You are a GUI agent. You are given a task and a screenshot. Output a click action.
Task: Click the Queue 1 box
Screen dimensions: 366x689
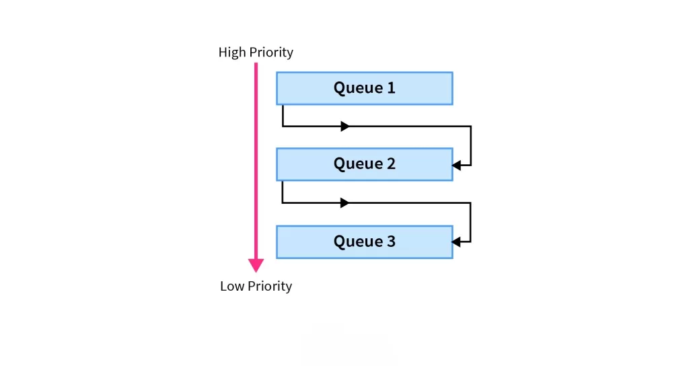pos(364,88)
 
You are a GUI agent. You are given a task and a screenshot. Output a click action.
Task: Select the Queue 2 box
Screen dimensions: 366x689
pos(364,164)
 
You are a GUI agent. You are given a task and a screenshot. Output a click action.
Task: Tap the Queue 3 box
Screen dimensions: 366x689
pos(364,242)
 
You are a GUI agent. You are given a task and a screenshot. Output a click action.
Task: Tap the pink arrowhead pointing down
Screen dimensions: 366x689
pos(256,264)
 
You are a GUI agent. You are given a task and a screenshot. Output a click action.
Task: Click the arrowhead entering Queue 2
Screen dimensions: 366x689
pos(458,164)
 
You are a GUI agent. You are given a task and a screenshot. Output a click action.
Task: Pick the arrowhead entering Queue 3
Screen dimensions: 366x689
pos(458,241)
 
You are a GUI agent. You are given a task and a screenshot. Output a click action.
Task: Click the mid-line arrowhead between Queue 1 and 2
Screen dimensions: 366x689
pos(345,126)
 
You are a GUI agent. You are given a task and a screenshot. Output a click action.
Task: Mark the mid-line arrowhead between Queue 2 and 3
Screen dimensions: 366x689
pos(345,203)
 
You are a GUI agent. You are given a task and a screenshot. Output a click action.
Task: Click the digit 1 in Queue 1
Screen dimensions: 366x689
pos(391,88)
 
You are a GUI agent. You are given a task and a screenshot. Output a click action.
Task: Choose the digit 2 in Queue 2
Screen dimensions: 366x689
pos(391,164)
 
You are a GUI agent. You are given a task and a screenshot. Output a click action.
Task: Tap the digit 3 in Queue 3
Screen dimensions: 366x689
pos(391,242)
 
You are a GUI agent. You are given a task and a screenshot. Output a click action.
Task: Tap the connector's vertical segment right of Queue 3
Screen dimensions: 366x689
pos(470,222)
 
